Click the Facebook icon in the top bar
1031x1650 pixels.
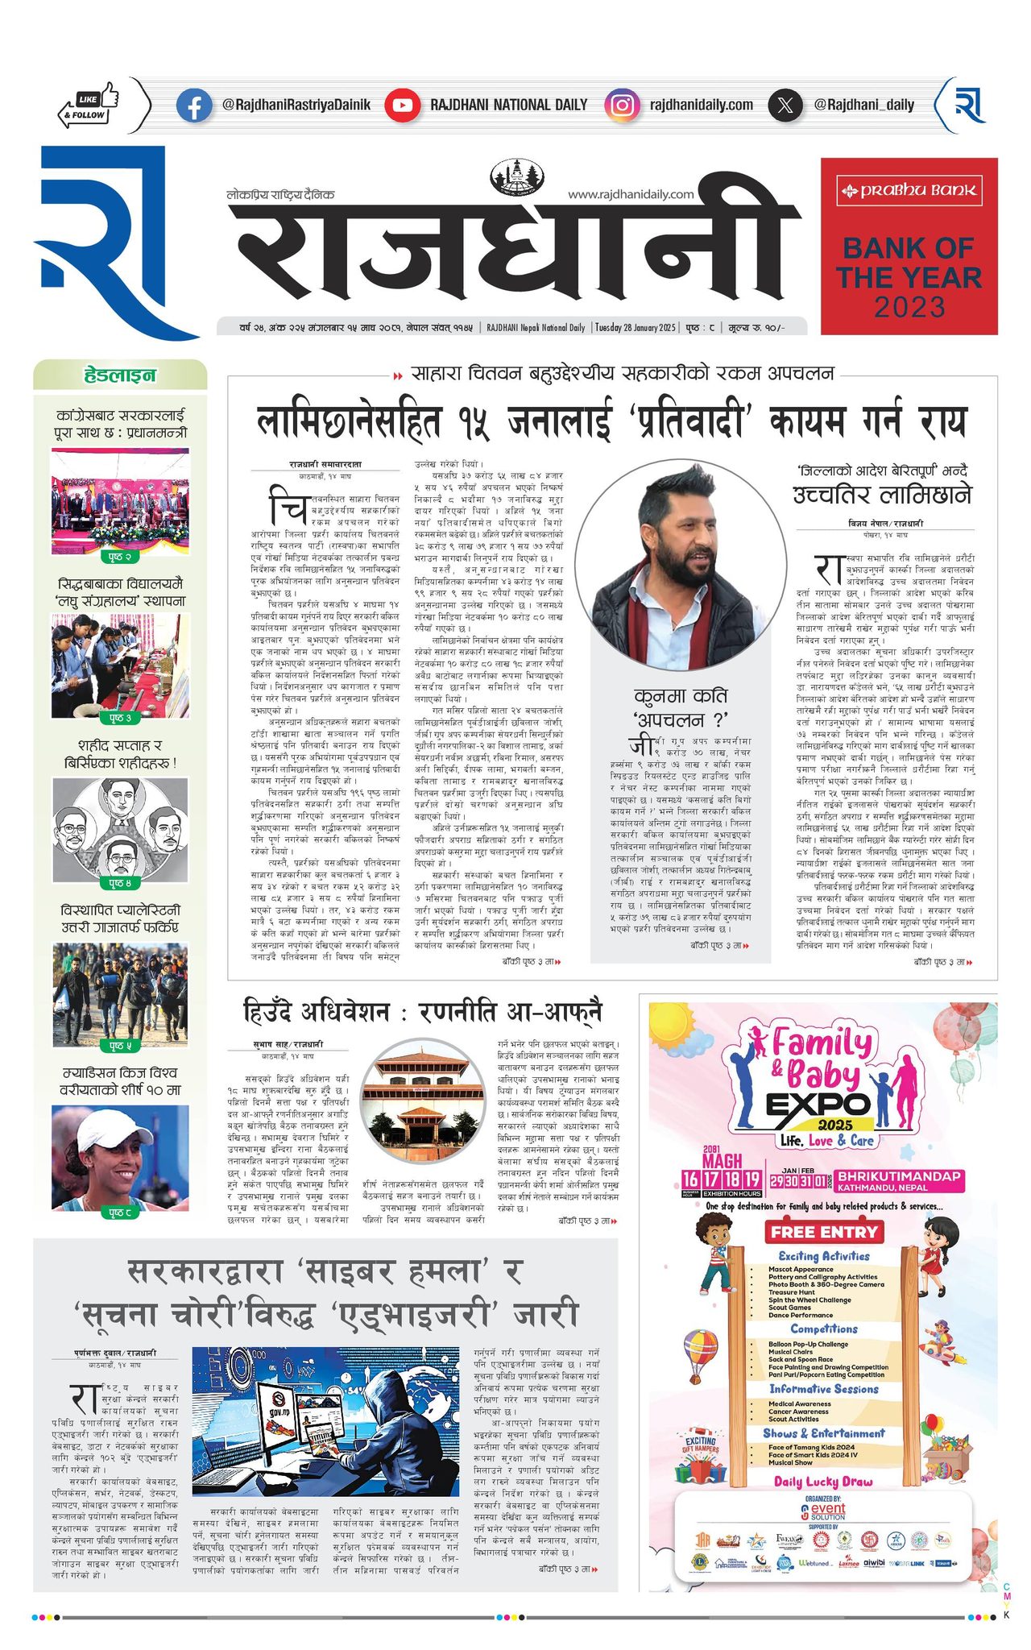coord(194,106)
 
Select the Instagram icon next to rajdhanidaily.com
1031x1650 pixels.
coord(621,106)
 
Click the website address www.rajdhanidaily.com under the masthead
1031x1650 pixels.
coord(631,194)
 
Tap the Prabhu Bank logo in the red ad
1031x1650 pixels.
coord(909,191)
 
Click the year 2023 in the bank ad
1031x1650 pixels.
coord(909,307)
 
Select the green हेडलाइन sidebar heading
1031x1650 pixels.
coord(120,375)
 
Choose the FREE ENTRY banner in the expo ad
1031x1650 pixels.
coord(823,1232)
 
